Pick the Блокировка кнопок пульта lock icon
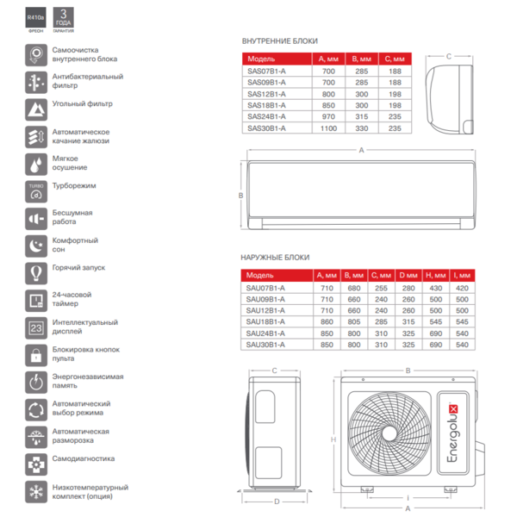(x=36, y=355)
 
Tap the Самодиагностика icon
(x=36, y=464)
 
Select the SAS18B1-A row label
(x=266, y=105)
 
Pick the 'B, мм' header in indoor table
(x=361, y=59)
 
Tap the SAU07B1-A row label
(x=266, y=287)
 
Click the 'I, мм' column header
(x=461, y=275)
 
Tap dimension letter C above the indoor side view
(x=449, y=58)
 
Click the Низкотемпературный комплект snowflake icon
(x=36, y=492)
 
